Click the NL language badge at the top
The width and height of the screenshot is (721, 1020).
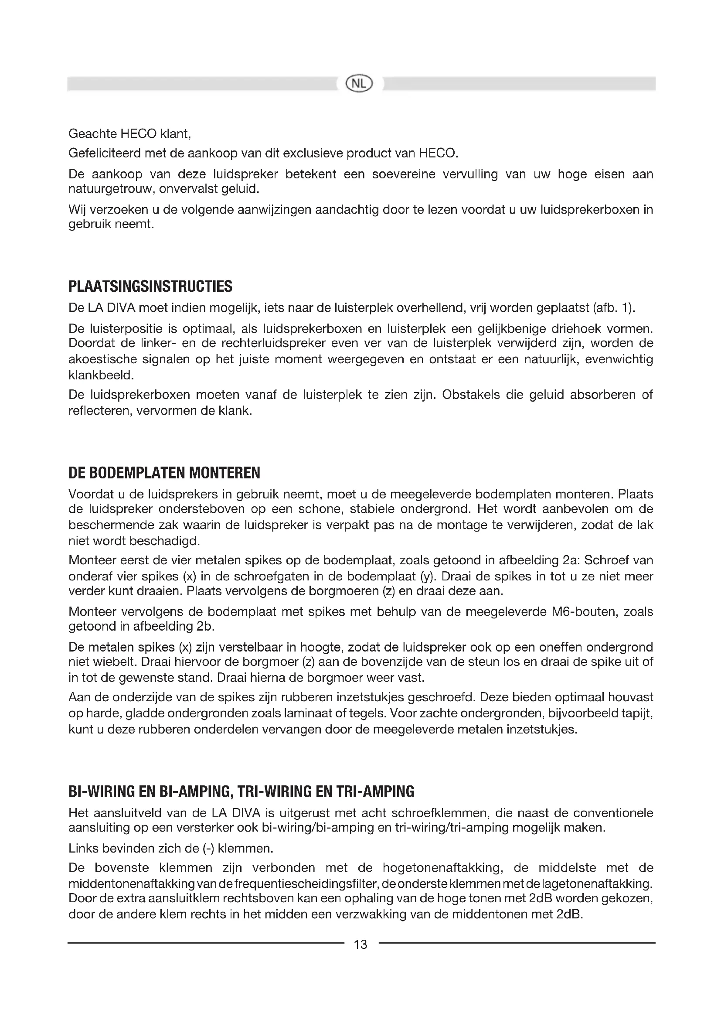(360, 83)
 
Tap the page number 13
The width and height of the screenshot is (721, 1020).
(360, 944)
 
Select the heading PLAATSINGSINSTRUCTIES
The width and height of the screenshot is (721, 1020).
(150, 287)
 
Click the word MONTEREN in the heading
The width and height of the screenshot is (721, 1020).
(224, 473)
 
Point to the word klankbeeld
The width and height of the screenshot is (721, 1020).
(100, 375)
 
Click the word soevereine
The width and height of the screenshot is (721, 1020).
(404, 174)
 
